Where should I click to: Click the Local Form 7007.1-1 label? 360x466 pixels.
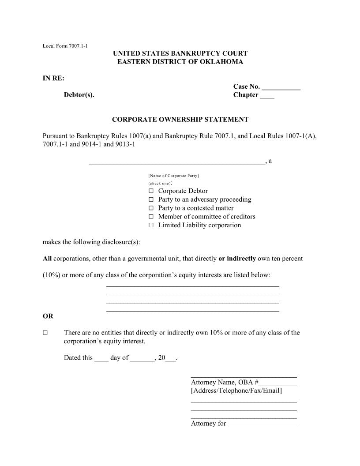point(64,46)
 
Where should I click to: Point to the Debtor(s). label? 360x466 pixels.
point(79,95)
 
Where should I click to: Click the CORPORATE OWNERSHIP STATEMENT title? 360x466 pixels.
point(180,119)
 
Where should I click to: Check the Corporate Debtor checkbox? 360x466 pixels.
point(151,191)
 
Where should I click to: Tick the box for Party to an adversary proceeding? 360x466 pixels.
point(151,199)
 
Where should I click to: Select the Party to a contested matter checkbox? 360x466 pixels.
point(151,208)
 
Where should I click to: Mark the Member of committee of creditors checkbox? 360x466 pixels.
point(151,217)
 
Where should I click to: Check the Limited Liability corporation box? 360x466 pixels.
point(151,225)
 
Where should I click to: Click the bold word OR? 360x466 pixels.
point(48,316)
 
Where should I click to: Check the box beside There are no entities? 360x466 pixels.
point(45,333)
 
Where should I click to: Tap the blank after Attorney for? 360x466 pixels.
point(263,425)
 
